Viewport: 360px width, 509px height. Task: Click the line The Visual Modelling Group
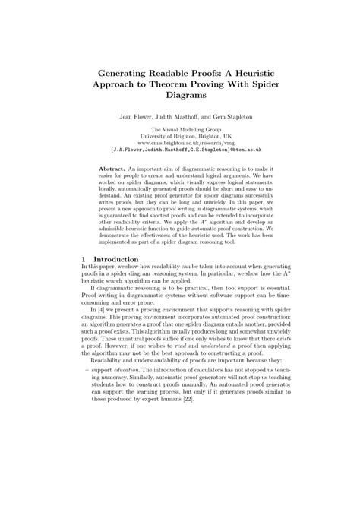pos(180,131)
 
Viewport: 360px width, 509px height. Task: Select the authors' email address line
pos(180,150)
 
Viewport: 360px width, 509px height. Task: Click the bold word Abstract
pos(114,166)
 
